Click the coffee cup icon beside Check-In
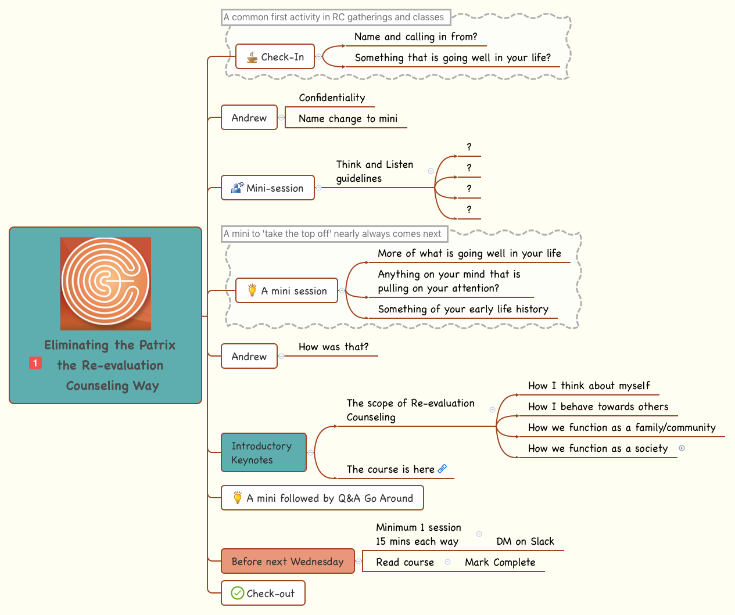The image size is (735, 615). tap(252, 56)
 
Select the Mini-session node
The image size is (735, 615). tap(268, 188)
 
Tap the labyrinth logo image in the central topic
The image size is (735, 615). tap(106, 283)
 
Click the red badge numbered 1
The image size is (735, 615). tap(35, 363)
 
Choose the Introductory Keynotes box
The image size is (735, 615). tap(263, 452)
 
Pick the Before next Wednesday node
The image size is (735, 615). tap(288, 561)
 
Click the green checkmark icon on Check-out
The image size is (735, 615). tap(237, 593)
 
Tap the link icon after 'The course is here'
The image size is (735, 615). tap(442, 469)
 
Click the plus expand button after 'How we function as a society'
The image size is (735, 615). tap(682, 448)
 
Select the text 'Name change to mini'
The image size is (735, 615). tap(347, 118)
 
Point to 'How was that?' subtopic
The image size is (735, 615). tap(334, 347)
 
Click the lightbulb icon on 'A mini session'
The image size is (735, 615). tap(252, 290)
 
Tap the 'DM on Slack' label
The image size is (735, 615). tap(525, 541)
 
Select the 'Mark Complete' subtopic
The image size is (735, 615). tap(500, 562)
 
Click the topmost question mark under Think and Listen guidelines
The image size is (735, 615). tap(469, 147)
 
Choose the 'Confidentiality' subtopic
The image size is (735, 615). tap(332, 98)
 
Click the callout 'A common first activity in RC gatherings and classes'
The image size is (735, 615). tap(334, 17)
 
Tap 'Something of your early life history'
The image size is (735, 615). tap(463, 309)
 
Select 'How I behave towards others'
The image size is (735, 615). tap(598, 407)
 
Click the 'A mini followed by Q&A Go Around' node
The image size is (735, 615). tap(322, 498)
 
